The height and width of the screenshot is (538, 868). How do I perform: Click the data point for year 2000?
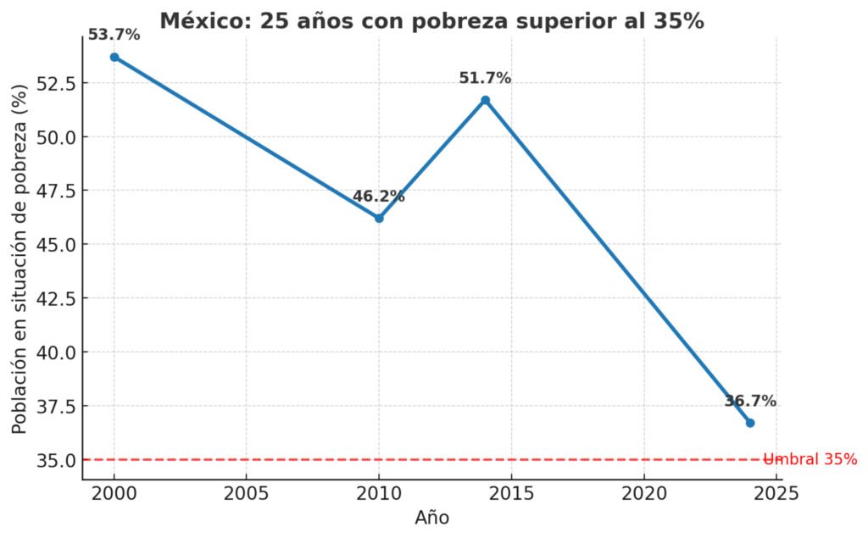(x=114, y=57)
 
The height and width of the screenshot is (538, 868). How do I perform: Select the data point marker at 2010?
(x=379, y=218)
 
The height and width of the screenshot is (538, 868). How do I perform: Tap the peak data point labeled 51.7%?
(x=485, y=100)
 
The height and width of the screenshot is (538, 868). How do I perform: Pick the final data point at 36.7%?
(x=750, y=423)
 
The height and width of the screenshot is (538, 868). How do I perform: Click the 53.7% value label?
(x=114, y=35)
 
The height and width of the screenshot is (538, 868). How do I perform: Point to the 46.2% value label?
(x=379, y=197)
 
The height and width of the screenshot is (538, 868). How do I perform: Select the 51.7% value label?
(x=485, y=78)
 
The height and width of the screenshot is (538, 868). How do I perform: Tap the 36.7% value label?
(x=750, y=402)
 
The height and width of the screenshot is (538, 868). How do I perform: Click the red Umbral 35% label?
(x=810, y=459)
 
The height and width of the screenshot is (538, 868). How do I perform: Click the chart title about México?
(x=431, y=21)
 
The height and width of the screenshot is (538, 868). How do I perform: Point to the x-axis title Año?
(x=432, y=518)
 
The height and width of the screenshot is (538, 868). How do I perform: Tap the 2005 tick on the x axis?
(x=247, y=493)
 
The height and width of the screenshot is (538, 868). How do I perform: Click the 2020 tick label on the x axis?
(x=644, y=493)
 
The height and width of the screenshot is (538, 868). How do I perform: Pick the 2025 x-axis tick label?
(x=776, y=493)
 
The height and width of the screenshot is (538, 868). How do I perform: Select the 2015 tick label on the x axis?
(x=511, y=493)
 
